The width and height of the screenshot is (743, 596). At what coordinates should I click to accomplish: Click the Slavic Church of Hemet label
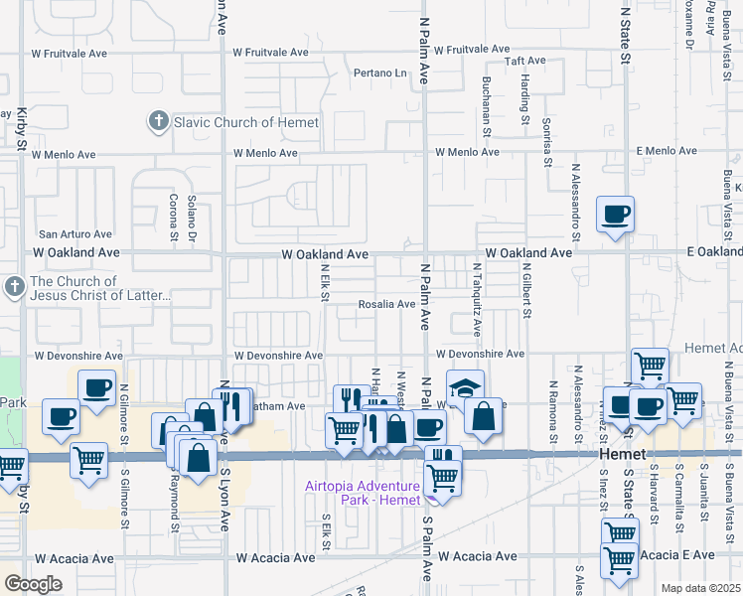[246, 122]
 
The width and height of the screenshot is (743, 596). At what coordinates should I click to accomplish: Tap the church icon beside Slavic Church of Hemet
[157, 122]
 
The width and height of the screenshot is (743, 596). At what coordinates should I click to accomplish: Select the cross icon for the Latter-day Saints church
[14, 288]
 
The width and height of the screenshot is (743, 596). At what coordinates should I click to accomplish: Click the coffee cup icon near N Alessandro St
[615, 213]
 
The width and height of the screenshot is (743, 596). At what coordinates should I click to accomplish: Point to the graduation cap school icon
[463, 387]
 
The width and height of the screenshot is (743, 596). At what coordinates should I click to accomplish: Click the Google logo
[33, 584]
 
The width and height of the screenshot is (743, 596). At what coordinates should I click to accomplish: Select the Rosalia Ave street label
[386, 304]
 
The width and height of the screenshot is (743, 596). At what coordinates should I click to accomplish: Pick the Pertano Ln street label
[381, 73]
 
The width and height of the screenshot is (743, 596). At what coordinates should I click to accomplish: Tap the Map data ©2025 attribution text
[701, 588]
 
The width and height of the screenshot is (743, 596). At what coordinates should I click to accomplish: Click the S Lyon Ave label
[225, 506]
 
